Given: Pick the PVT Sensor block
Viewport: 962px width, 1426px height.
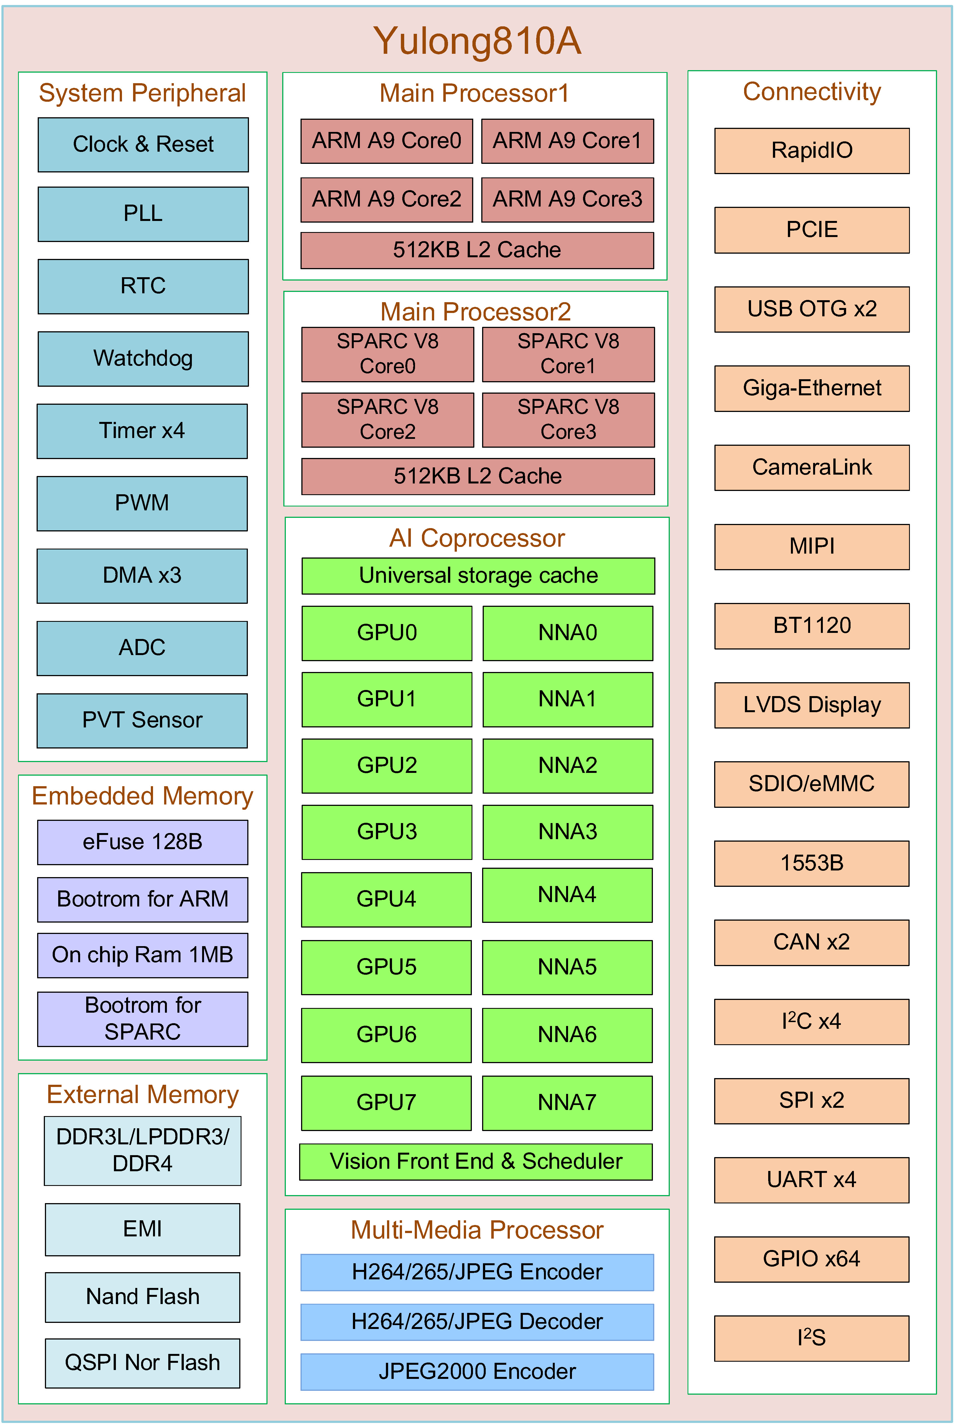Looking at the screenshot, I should coord(142,720).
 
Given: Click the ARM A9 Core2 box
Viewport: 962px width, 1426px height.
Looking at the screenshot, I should coord(386,199).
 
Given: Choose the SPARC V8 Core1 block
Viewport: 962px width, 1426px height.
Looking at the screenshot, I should coord(568,354).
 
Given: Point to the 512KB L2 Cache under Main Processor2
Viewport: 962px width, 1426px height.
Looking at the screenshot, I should coord(477,476).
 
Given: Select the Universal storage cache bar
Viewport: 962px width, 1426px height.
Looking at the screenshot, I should coord(478,575).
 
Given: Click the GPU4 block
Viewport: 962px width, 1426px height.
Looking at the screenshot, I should coord(386,899).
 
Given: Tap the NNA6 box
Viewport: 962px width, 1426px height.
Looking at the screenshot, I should coord(567,1035).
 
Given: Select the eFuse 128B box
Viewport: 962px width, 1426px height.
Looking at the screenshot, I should coord(142,842).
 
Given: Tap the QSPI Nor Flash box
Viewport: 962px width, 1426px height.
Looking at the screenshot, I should coord(142,1363).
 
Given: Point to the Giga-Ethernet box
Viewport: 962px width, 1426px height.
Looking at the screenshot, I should coord(812,388).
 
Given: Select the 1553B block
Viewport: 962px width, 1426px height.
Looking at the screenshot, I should coord(812,863).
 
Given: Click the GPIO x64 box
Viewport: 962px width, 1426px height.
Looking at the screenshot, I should coord(812,1259).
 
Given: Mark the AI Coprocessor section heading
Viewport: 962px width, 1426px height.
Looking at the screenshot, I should coord(477,539).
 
